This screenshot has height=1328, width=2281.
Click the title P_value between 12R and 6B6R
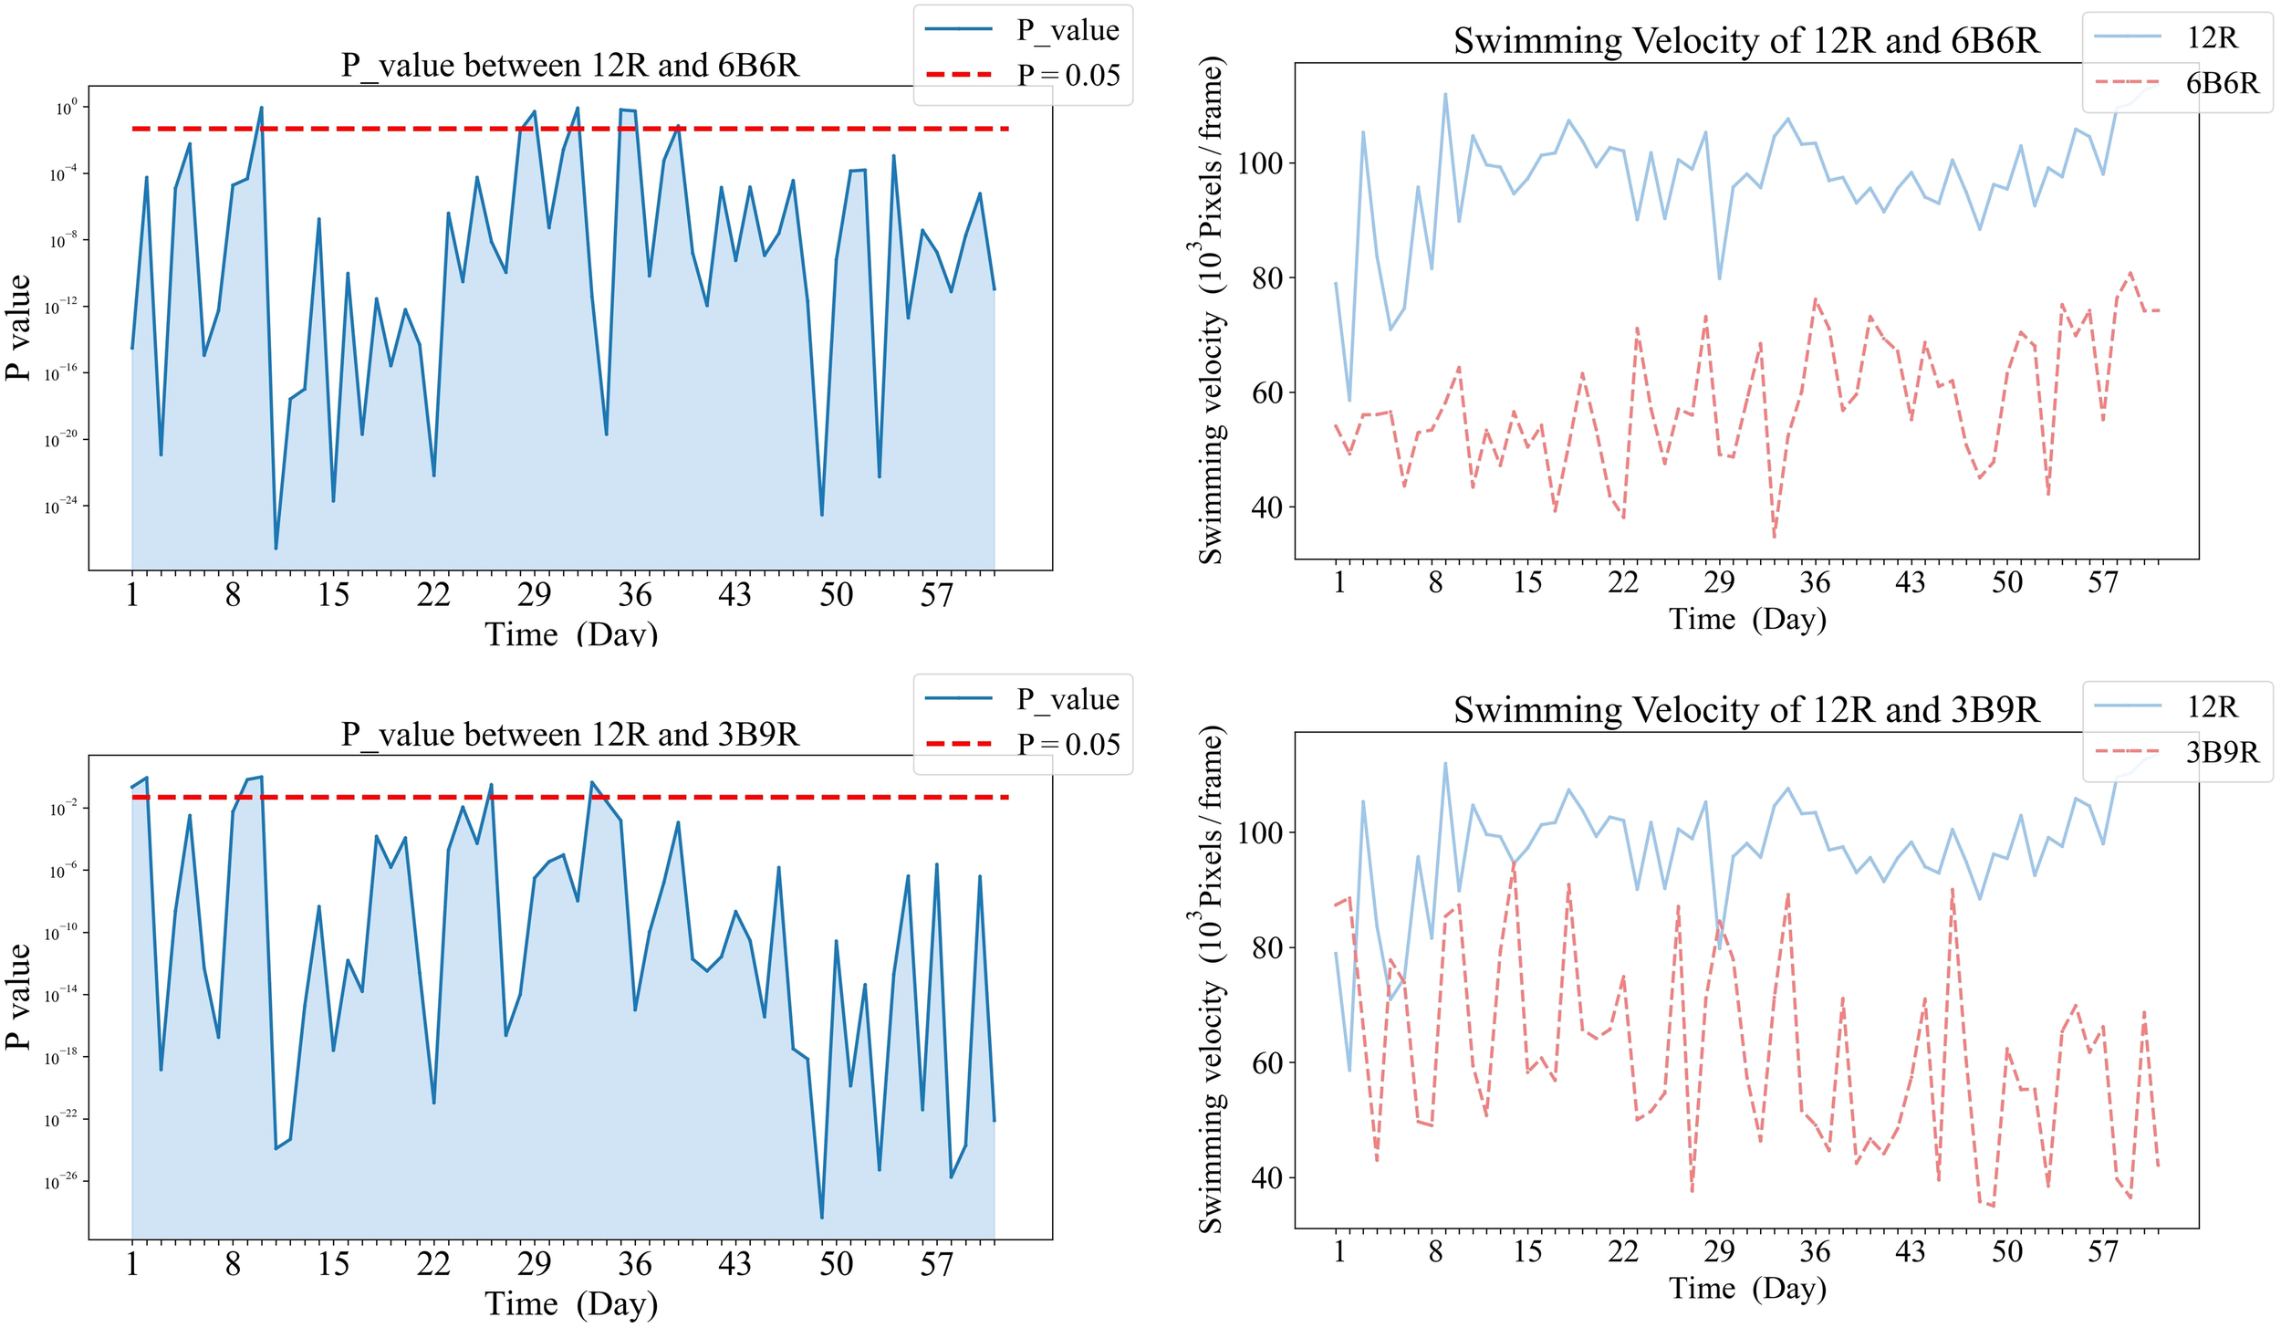(x=569, y=66)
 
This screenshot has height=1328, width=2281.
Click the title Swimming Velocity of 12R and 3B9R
(x=1745, y=710)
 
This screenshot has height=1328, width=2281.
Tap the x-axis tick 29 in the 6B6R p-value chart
(x=534, y=595)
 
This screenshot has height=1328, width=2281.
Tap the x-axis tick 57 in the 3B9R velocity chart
(x=2101, y=1251)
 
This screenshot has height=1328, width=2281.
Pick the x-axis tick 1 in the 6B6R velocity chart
(x=1338, y=582)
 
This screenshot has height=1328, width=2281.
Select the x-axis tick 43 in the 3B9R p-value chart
(x=734, y=1264)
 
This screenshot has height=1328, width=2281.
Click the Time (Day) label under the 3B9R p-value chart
(x=570, y=1302)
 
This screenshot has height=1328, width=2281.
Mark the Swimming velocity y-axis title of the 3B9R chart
(x=1211, y=978)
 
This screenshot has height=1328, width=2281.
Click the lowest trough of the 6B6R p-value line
(x=276, y=548)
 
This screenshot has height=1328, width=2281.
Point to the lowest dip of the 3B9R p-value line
(x=821, y=1217)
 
